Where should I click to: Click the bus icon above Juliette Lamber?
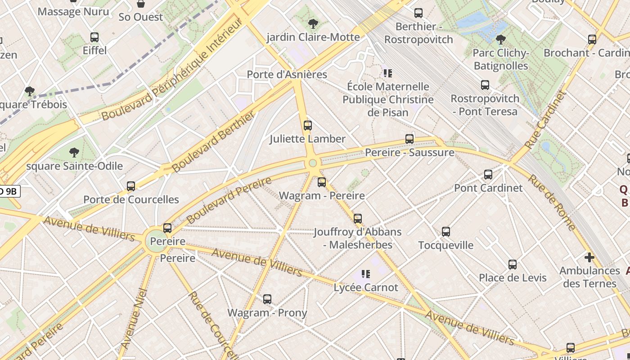308,126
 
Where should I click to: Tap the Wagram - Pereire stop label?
322,196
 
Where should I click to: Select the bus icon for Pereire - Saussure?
409,139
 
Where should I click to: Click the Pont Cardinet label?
488,188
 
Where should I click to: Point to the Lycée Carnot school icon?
365,274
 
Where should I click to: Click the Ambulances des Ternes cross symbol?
589,257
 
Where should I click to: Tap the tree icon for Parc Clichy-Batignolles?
500,40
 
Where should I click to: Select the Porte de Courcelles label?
131,199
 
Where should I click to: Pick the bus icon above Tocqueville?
446,232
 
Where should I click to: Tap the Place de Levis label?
513,278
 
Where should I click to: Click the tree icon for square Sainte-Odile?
74,153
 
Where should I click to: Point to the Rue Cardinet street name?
545,120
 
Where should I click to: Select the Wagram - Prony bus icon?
267,299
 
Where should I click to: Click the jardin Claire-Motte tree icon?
313,23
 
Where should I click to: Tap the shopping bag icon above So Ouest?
141,4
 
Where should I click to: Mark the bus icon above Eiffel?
94,37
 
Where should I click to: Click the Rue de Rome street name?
551,202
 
